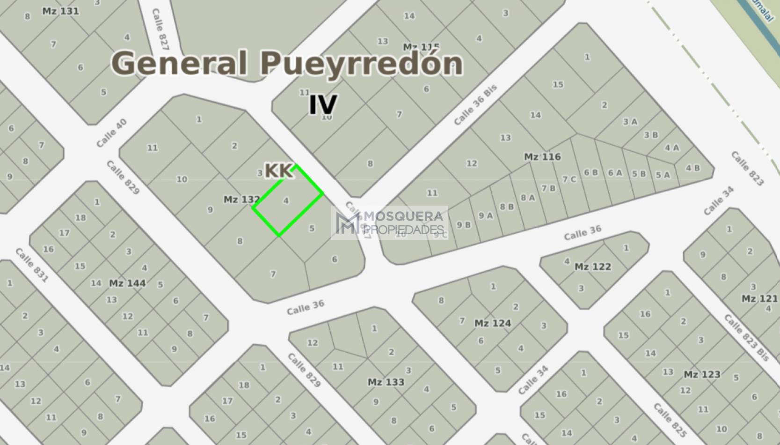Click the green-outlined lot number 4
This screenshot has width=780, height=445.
286,201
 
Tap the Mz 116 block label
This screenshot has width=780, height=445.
542,157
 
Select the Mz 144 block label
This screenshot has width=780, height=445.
127,283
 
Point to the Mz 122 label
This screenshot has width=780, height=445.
593,267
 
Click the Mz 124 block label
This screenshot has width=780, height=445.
493,323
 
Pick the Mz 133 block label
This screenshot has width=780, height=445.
386,382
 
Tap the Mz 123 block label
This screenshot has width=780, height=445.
702,374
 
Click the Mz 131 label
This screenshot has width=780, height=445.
61,11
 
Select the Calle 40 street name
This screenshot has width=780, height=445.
111,133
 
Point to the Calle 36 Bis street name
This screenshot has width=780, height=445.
475,105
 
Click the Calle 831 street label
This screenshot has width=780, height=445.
32,265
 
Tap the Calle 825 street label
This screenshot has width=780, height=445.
670,420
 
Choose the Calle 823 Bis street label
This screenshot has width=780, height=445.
747,338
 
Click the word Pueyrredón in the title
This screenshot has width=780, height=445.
361,64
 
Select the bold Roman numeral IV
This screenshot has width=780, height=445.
323,104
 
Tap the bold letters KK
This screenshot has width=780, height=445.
279,171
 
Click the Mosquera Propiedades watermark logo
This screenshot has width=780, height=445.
390,223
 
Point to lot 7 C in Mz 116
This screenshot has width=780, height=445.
569,179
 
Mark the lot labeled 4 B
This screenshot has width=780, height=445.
693,168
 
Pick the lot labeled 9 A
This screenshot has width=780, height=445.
486,215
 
